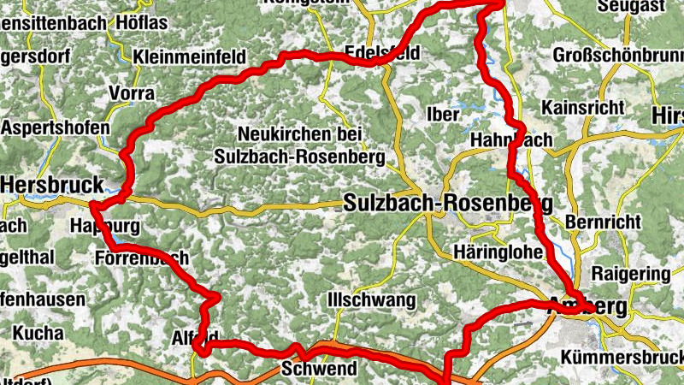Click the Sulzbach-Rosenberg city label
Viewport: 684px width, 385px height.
[448, 204]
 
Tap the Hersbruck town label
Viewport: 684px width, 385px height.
[51, 184]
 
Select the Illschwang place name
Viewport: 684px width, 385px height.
[371, 301]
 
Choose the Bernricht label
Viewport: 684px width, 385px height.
[603, 221]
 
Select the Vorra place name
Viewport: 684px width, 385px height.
[132, 92]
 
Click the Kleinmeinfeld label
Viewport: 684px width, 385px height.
[190, 57]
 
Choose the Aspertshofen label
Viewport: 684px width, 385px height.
[55, 127]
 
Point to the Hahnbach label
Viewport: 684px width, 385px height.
[511, 139]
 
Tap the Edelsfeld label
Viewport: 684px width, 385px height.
[382, 52]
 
